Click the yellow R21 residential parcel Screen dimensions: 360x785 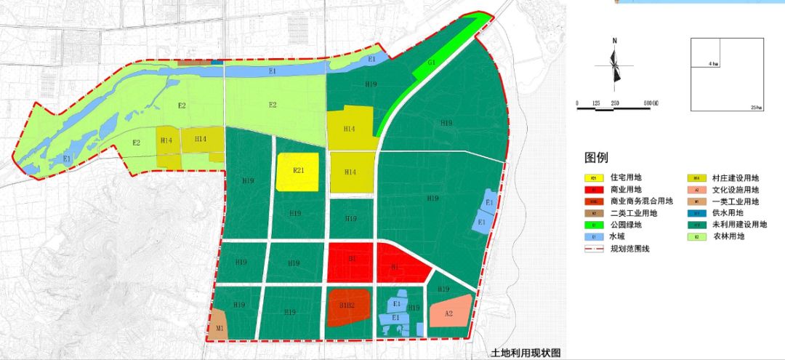click(x=297, y=172)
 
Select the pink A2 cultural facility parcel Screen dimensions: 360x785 click(x=448, y=313)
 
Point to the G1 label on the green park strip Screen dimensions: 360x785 click(x=431, y=63)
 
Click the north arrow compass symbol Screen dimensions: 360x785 click(x=615, y=64)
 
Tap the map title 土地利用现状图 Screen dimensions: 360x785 click(x=526, y=353)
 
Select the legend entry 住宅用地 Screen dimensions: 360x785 click(x=626, y=177)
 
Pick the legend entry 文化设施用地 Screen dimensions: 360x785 click(x=735, y=189)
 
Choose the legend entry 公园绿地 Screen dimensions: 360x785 click(x=626, y=225)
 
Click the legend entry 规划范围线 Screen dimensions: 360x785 click(x=630, y=249)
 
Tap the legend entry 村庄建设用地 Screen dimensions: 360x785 click(x=735, y=177)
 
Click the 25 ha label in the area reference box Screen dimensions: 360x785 click(x=757, y=108)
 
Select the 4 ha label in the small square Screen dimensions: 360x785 click(x=714, y=64)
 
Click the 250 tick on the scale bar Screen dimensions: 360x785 click(x=615, y=103)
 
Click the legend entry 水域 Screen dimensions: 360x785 click(x=616, y=236)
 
